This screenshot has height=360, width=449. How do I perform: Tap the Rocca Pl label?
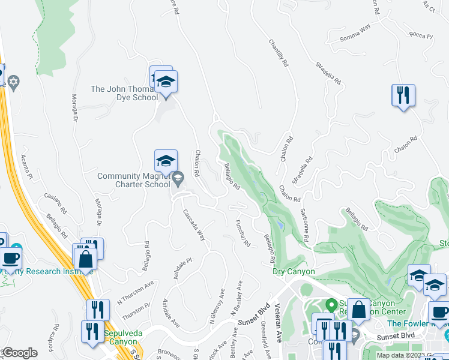click(420, 36)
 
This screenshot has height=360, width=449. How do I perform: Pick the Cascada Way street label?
click(194, 225)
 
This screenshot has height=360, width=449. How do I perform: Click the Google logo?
click(20, 353)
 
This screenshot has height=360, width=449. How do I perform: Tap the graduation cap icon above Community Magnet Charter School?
click(166, 161)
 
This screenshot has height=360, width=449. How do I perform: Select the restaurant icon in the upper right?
click(403, 95)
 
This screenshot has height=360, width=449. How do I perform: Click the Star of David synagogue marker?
click(13, 81)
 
